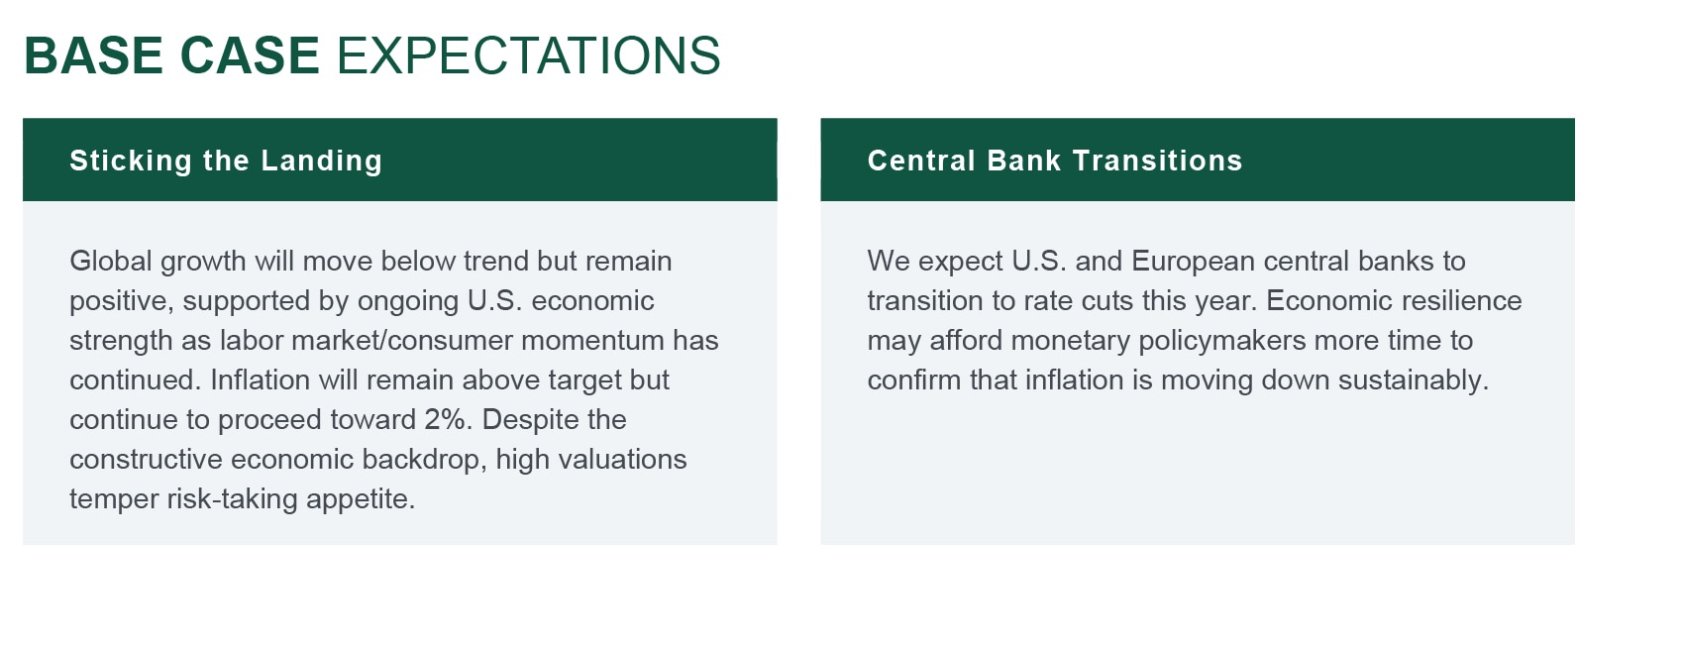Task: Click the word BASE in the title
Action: (93, 55)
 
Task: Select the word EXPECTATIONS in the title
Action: (529, 55)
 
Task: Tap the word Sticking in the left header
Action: (131, 161)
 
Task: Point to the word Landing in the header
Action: (322, 161)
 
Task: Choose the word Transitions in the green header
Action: (1158, 161)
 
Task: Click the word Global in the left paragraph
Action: (111, 261)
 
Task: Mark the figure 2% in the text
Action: (448, 419)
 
